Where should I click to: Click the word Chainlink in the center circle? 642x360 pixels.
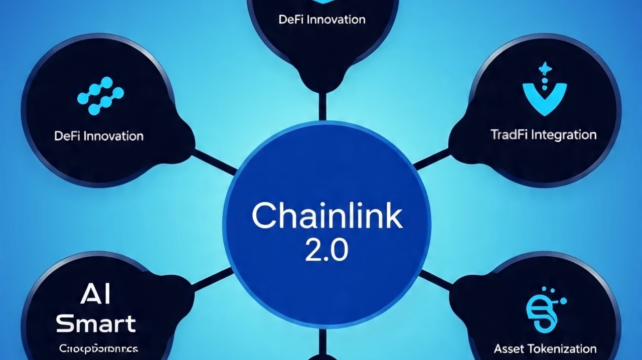(x=327, y=216)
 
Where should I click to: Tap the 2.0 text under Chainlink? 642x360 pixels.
(x=326, y=250)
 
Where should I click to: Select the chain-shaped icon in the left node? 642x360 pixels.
(x=100, y=96)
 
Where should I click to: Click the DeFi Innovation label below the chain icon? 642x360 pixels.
(x=99, y=136)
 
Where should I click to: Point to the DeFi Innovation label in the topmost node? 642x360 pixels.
(x=322, y=20)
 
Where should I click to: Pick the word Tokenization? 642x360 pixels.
(x=564, y=348)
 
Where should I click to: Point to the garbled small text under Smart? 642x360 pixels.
(x=98, y=348)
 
